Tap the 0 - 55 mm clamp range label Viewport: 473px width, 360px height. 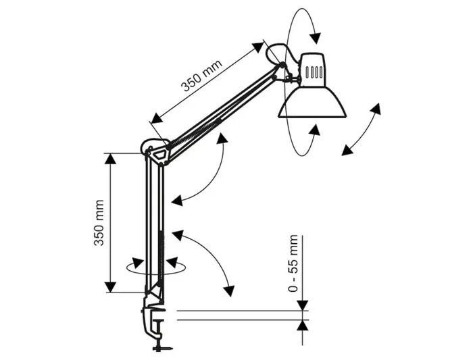[x=293, y=263]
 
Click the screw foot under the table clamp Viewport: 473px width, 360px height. [x=161, y=347]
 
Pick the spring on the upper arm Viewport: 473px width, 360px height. [x=203, y=128]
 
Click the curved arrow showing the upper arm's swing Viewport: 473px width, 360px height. [x=206, y=172]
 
